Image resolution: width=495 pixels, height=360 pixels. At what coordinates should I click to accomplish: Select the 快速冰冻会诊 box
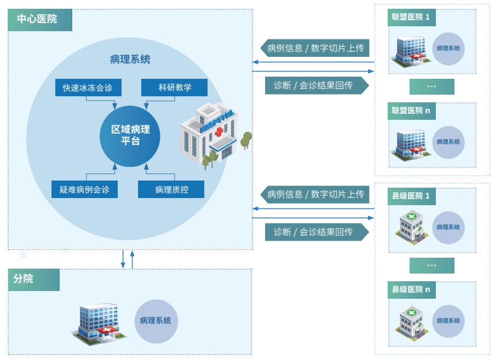88,88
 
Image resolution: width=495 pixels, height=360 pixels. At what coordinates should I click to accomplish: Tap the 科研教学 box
175,88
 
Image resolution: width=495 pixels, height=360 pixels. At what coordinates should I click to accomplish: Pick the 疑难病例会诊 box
84,189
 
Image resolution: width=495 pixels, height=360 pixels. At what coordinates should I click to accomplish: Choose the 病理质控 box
171,189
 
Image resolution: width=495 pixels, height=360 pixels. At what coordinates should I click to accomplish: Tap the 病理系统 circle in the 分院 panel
156,321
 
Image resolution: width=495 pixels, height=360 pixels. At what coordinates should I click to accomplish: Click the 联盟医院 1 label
411,17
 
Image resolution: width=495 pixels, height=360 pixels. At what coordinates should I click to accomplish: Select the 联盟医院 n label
411,111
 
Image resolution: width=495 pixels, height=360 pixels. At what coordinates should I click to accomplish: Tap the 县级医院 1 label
411,196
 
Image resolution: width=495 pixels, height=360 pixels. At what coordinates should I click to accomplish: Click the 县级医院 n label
411,289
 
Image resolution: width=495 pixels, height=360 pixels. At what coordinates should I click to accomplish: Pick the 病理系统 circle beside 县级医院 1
448,227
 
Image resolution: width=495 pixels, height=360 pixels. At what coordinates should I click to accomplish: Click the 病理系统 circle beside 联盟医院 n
448,142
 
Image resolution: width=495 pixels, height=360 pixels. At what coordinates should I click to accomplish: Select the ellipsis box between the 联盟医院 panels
431,86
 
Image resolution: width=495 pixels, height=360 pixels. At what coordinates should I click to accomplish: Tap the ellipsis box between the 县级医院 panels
431,265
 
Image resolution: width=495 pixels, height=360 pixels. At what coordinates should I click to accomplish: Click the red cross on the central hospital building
220,132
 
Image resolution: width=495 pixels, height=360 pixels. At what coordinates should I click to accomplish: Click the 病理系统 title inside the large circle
130,60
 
